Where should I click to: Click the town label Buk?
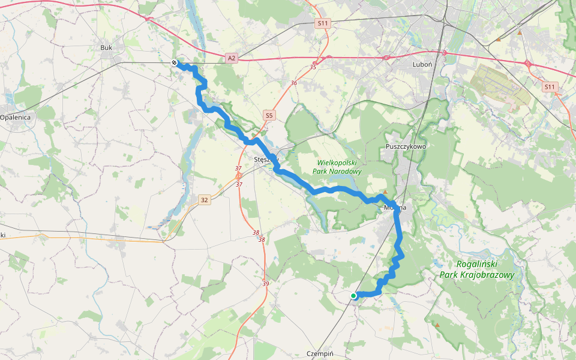click(x=107, y=47)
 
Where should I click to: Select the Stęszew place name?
click(x=265, y=160)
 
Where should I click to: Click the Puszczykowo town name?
click(x=406, y=146)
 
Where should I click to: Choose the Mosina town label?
click(x=395, y=208)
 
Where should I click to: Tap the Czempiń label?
click(x=319, y=353)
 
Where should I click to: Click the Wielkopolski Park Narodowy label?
click(x=338, y=167)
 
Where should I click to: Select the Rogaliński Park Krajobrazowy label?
click(x=477, y=269)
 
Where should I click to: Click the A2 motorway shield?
click(x=232, y=58)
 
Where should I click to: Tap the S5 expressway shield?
click(x=269, y=115)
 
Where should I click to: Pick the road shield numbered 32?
click(x=205, y=200)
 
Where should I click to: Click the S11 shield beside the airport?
click(x=550, y=88)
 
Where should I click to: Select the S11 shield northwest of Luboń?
click(x=323, y=23)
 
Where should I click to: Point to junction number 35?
click(x=313, y=67)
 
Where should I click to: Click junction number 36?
click(x=293, y=83)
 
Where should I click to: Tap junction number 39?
click(x=265, y=283)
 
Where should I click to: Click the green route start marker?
click(x=353, y=295)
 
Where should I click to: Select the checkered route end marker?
click(x=174, y=62)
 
